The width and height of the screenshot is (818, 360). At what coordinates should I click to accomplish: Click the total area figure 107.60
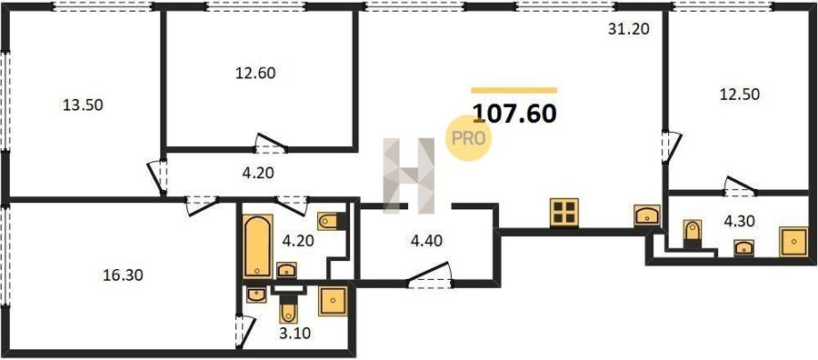coord(514,114)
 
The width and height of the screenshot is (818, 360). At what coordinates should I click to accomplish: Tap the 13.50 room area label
coord(83,105)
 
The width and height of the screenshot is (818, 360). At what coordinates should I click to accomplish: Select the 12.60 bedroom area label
coord(255,73)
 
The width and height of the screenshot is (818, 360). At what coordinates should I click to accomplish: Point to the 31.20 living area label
coord(629,29)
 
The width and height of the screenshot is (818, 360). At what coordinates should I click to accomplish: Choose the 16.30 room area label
coord(123,275)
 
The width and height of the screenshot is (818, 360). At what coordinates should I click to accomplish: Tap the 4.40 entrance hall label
coord(427,241)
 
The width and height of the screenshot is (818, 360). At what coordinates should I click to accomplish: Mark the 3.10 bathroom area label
coord(295,333)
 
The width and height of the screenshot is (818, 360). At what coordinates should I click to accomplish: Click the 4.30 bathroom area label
coord(739,222)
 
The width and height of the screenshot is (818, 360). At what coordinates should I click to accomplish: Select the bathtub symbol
coord(258,245)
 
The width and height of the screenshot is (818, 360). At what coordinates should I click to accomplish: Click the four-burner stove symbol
coord(564,213)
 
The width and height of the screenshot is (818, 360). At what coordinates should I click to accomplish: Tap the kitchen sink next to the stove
coord(647,215)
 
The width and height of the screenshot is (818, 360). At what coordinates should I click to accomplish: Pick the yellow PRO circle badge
coord(468,138)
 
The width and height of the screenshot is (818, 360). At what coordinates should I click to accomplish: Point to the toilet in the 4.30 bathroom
coord(693,233)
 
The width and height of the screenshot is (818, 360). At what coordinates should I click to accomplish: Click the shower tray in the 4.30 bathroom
coord(793,242)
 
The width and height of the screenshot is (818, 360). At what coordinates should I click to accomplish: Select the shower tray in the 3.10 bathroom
coord(333,301)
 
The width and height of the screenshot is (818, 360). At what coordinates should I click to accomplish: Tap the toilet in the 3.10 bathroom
coord(288,310)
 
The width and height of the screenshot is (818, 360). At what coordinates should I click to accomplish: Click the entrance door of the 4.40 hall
coord(429,275)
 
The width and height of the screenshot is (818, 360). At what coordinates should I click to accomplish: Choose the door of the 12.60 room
coord(270,144)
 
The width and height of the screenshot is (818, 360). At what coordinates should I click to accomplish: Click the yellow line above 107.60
coord(514,90)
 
